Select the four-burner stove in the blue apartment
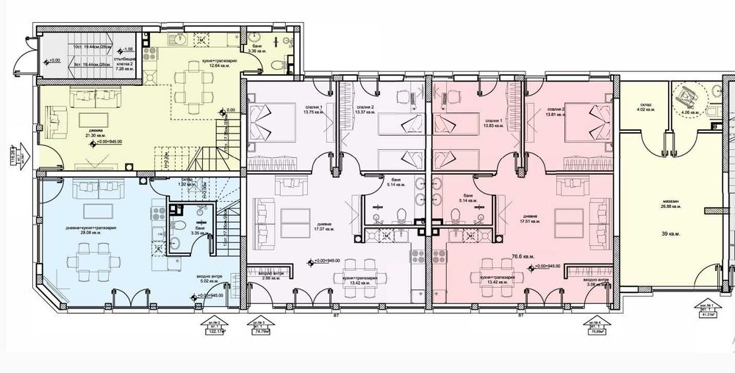click(x=156, y=214)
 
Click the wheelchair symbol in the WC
click(x=688, y=94)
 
